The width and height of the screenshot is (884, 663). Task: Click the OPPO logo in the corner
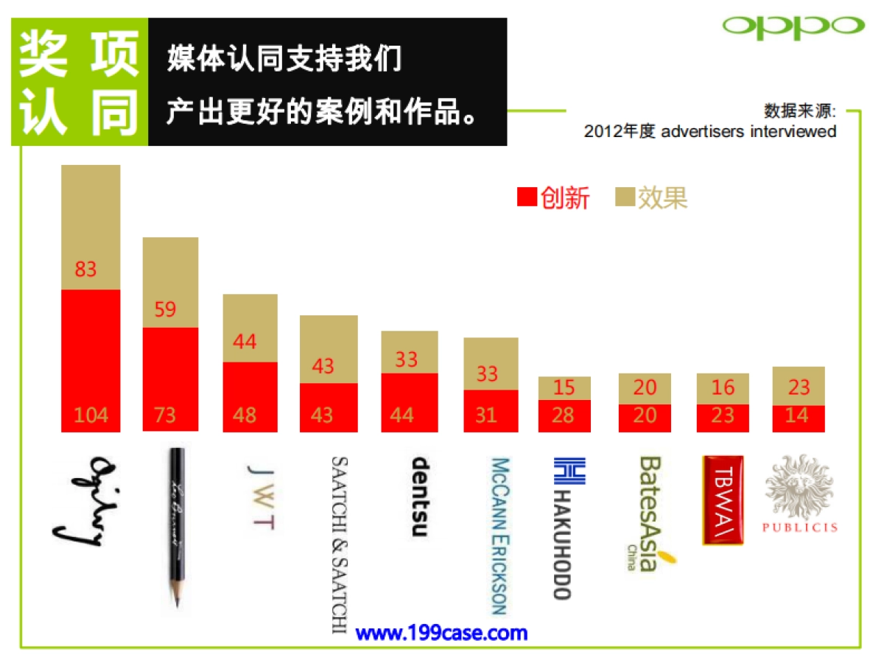793,27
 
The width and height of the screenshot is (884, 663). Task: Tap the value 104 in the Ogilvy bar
91,415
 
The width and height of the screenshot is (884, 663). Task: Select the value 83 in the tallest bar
85,270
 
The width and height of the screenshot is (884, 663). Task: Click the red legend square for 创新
527,197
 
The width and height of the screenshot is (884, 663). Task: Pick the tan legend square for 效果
625,197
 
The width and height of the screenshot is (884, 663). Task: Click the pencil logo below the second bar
175,527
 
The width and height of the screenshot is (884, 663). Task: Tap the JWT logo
262,498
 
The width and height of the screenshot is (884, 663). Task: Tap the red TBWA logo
723,500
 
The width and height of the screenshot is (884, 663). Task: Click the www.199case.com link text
441,633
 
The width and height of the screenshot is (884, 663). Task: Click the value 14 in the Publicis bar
799,415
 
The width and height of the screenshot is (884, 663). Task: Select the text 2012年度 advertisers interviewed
710,132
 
